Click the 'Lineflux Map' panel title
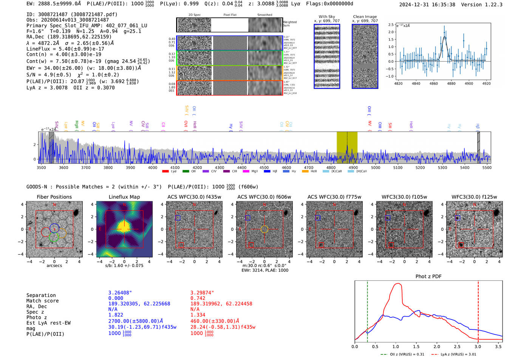124,197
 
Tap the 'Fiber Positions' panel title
54,197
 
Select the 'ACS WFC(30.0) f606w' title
264,197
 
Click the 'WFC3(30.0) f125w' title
474,197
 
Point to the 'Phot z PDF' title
428,277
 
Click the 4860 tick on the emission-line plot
433,83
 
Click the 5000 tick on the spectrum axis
376,167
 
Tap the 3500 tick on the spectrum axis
41,167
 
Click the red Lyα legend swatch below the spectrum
165,172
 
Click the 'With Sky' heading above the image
327,17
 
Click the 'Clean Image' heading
365,17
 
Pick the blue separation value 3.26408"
120,293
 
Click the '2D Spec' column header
195,15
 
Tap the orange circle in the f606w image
264,229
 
